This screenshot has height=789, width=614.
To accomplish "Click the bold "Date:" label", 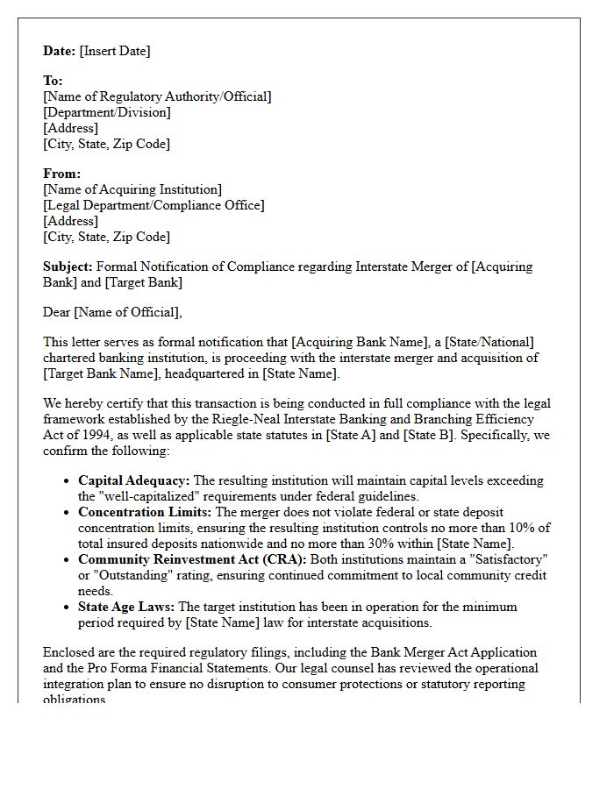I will point(60,51).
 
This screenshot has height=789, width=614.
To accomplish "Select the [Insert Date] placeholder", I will point(115,51).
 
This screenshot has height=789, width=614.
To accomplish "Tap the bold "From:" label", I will point(62,174).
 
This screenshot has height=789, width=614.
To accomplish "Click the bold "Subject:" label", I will point(68,267).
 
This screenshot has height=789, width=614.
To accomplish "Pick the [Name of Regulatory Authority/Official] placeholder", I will point(157,96).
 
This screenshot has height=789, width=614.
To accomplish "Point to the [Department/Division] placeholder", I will point(107,112).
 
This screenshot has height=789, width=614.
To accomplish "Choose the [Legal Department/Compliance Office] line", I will point(153,205).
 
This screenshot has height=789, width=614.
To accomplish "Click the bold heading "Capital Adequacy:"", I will point(133,480).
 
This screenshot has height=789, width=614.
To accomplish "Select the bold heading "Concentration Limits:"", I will point(145,512).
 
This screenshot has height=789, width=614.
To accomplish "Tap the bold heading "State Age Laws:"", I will point(126,607).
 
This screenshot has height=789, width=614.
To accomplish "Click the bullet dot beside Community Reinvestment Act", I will point(68,560).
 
